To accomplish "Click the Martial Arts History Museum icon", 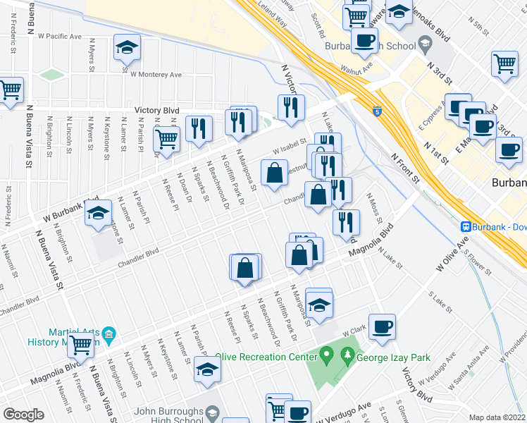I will pyautogui.click(x=108, y=333).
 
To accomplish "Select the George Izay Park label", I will pyautogui.click(x=388, y=357).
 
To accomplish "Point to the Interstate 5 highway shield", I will pyautogui.click(x=379, y=111).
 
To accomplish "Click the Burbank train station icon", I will pyautogui.click(x=466, y=226).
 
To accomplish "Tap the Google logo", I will pyautogui.click(x=23, y=414).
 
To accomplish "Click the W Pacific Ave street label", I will pyautogui.click(x=60, y=35).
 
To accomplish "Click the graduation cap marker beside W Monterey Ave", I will pyautogui.click(x=128, y=48).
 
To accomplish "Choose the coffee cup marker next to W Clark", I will pyautogui.click(x=382, y=327).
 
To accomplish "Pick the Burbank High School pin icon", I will pyautogui.click(x=425, y=46).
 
